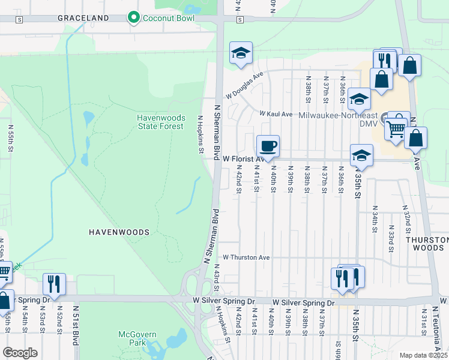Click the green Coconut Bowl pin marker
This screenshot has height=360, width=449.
point(134,18)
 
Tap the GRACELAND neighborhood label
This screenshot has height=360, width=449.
point(83,18)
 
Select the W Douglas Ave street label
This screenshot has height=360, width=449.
point(244,87)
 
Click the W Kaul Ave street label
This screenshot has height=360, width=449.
point(276,113)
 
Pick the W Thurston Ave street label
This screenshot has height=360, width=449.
point(246,257)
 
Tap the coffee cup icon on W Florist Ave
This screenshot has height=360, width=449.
point(268,146)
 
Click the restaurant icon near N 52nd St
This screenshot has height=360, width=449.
point(54,284)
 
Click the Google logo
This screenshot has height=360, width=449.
point(20,353)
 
